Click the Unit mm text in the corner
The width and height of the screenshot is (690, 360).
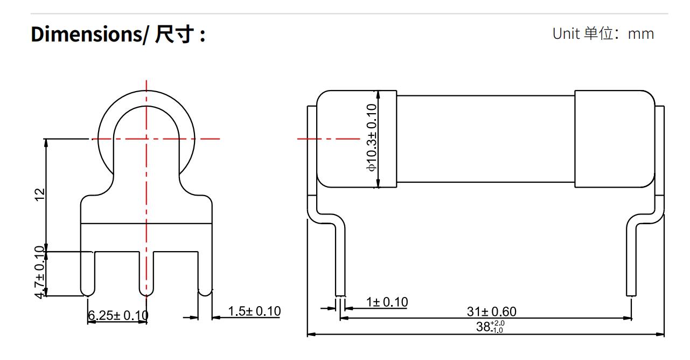(603, 34)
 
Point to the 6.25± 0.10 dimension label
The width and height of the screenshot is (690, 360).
(118, 315)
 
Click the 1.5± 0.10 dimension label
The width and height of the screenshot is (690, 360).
(254, 311)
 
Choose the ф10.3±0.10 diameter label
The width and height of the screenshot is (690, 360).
(372, 137)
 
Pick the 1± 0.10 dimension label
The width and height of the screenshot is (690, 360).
(386, 302)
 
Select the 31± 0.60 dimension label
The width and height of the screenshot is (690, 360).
(491, 311)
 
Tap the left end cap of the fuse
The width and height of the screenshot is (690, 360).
(357, 139)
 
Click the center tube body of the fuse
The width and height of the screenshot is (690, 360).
(485, 139)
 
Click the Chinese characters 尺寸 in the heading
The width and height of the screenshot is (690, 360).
(172, 35)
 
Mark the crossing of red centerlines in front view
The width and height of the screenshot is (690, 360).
(146, 139)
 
